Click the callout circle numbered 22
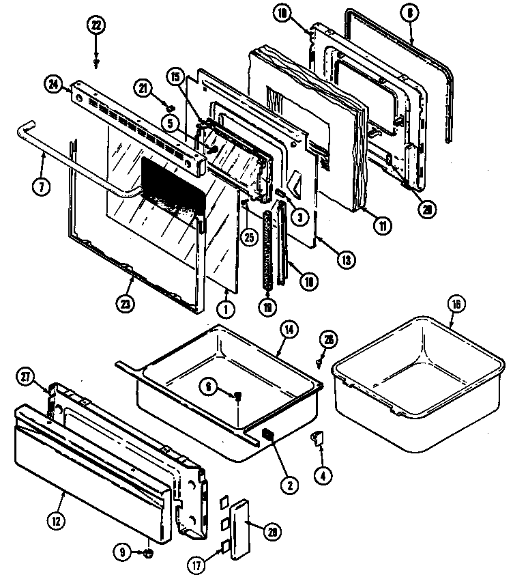(97, 25)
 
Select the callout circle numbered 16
(454, 304)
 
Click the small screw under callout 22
(97, 61)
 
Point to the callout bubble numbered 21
(144, 87)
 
